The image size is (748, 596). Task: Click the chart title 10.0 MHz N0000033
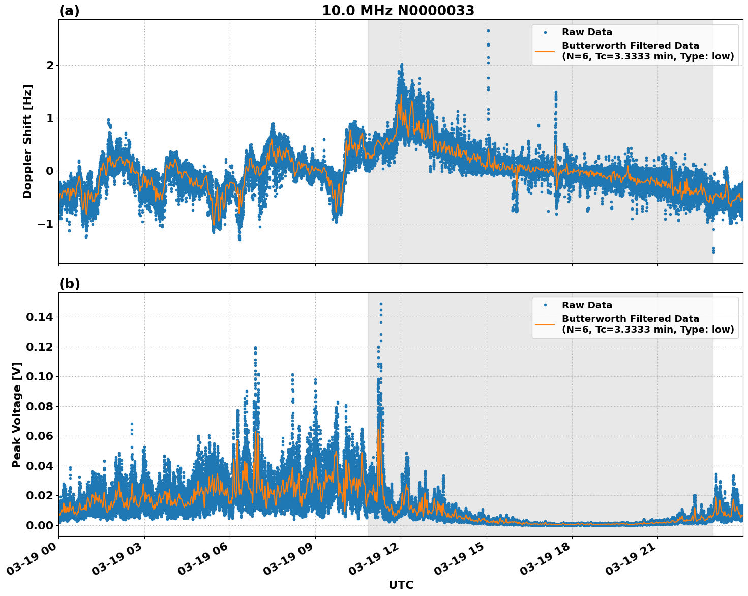point(398,11)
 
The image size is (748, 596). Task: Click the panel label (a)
point(69,11)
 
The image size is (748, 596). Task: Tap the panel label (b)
point(69,284)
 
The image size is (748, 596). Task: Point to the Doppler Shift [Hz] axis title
point(27,141)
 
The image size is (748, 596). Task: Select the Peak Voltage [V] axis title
point(17,414)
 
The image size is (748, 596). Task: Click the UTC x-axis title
point(401,585)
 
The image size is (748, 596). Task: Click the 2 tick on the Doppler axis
point(50,65)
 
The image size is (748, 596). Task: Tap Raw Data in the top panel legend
point(587,32)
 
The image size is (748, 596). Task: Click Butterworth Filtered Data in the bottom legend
point(630,319)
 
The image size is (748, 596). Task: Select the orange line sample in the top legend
point(545,51)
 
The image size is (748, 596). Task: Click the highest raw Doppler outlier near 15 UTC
point(488,31)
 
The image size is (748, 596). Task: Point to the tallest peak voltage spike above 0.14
point(381,304)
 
